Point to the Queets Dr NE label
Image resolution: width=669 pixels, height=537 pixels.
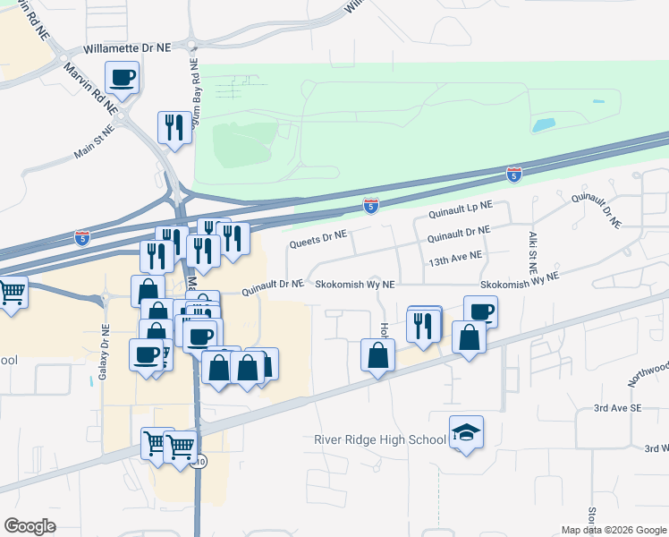tap(317, 239)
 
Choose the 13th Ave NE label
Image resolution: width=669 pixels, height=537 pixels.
tap(455, 255)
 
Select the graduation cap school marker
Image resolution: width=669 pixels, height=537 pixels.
tap(466, 433)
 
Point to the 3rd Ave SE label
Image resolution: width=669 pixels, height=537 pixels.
tap(619, 407)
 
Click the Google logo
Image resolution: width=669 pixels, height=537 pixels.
tap(30, 526)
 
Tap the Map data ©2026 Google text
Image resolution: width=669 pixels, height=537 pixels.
tap(614, 530)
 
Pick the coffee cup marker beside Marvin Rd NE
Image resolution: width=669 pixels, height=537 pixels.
tap(123, 78)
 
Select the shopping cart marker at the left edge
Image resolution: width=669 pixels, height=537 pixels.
tap(11, 293)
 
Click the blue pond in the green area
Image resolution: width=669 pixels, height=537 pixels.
tap(543, 125)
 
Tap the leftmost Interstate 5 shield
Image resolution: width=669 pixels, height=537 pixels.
tap(82, 238)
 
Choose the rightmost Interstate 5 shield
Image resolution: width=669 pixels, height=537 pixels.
tap(513, 173)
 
